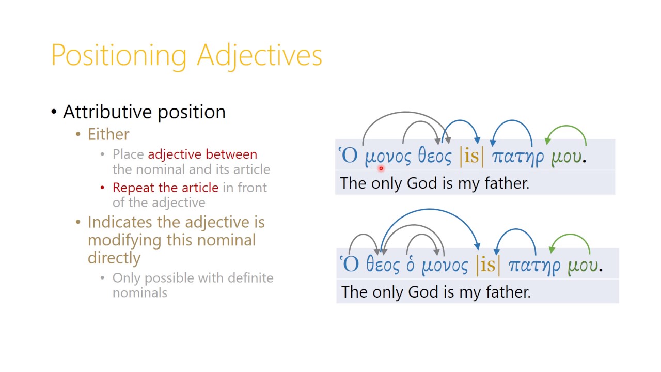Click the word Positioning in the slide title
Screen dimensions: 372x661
[x=119, y=55]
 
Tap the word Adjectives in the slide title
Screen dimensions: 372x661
[x=260, y=55]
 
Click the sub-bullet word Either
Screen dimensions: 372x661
[x=108, y=134]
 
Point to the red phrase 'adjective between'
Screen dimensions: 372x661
[x=202, y=154]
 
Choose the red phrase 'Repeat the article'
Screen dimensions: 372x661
[x=165, y=188]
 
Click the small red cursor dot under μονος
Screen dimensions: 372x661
[x=381, y=168]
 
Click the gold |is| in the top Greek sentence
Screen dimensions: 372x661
[x=471, y=156]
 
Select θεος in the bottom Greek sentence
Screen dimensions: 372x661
[x=383, y=265]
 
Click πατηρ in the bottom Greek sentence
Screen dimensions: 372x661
[x=534, y=265]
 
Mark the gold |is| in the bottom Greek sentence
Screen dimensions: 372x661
[x=487, y=265]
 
